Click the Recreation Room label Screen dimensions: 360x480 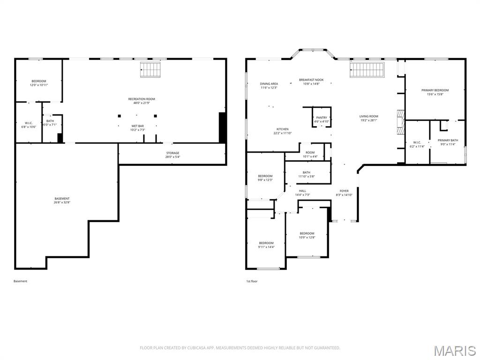pos(142,99)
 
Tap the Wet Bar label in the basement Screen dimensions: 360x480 pos(137,126)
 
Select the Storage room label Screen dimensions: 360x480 pos(172,153)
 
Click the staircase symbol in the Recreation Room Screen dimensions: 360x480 pos(150,70)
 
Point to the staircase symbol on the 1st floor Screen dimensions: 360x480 pos(367,70)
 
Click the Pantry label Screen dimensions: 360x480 pos(322,118)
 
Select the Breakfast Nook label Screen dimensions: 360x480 pos(311,80)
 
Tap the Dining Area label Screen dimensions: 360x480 pos(269,84)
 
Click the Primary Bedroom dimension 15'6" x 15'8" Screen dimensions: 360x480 pos(435,94)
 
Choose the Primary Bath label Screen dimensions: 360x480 pos(448,140)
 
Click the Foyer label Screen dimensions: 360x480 pos(344,191)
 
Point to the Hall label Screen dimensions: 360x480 pos(302,191)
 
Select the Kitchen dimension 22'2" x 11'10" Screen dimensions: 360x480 pos(282,133)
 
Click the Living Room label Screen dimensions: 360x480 pos(368,116)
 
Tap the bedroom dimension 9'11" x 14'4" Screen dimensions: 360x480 pos(266,247)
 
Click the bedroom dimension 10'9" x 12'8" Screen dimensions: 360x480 pos(307,237)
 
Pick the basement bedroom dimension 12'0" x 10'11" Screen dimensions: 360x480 pos(39,85)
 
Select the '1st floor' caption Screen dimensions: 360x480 pos(252,281)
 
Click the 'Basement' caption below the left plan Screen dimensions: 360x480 pos(21,281)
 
